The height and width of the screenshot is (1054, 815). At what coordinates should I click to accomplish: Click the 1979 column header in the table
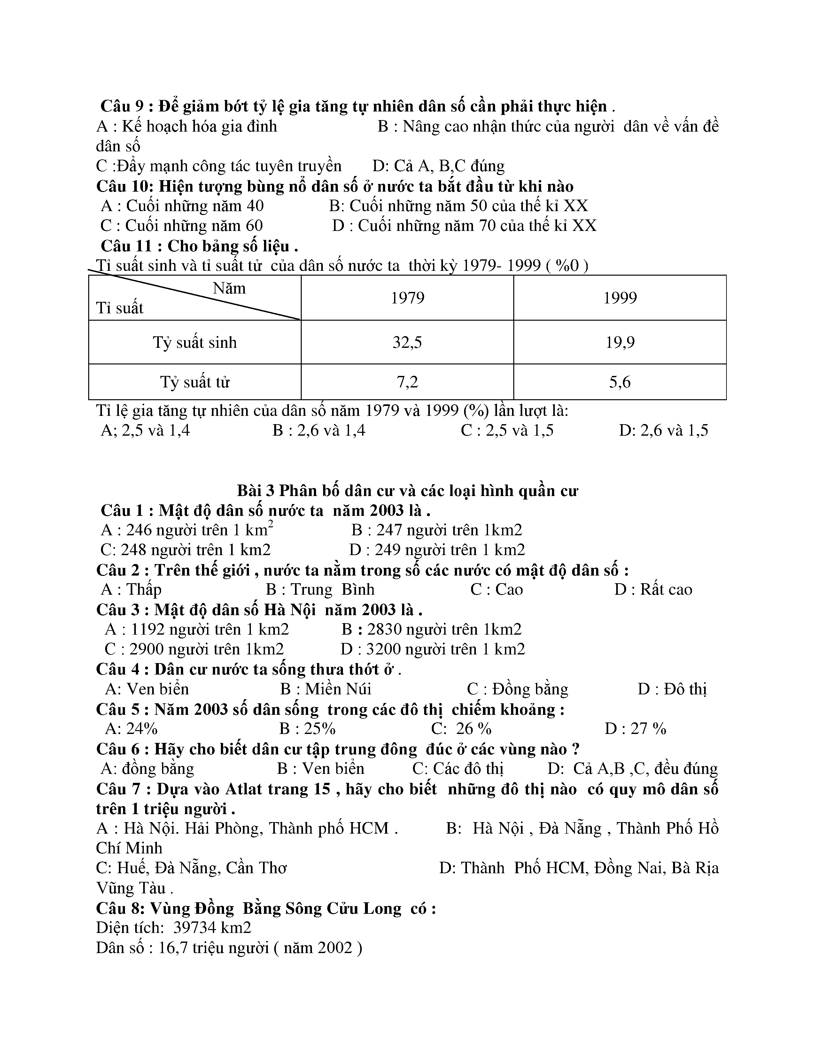point(407,298)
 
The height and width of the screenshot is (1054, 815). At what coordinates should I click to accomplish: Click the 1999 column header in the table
point(620,298)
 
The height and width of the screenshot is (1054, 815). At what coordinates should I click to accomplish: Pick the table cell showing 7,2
point(407,382)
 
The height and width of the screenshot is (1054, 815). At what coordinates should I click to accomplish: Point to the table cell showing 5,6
point(620,382)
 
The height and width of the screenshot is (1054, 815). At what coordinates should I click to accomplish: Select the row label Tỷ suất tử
point(195,382)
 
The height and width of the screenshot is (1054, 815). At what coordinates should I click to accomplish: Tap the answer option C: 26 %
point(461,729)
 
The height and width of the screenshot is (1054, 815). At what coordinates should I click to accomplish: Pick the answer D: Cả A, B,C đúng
point(439,166)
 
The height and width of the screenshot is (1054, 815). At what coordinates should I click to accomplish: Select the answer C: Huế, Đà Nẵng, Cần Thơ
point(191,868)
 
